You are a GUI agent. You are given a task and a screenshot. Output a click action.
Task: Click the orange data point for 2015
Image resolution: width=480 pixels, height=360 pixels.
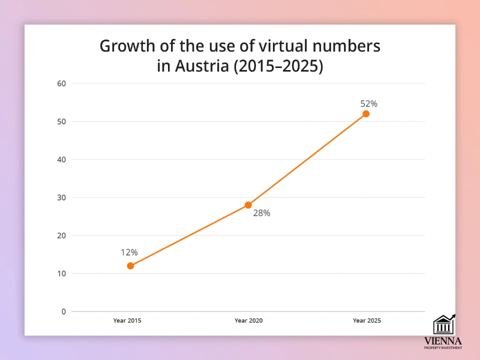click(x=130, y=265)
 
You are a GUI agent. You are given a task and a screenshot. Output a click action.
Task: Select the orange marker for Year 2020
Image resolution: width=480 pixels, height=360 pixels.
click(x=248, y=205)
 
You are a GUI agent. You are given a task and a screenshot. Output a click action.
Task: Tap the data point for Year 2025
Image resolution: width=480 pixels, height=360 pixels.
click(x=366, y=114)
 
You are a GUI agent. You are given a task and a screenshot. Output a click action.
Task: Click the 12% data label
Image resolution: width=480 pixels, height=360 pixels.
click(x=129, y=252)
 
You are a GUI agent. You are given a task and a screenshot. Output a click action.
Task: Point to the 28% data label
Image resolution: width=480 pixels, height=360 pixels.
click(x=261, y=213)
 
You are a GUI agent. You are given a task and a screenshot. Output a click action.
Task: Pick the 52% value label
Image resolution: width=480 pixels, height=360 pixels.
click(x=368, y=104)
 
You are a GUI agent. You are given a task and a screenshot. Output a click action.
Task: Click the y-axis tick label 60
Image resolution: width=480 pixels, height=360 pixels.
click(x=61, y=83)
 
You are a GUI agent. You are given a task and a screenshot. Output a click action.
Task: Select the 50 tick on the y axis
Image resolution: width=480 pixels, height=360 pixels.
click(x=61, y=121)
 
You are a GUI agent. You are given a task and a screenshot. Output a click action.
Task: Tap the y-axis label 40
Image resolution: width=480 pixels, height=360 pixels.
click(x=61, y=159)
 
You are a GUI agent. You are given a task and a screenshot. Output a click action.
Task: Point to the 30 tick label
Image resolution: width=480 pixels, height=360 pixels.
click(x=61, y=197)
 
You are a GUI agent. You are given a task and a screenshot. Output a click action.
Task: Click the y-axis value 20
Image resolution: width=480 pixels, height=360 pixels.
click(x=61, y=235)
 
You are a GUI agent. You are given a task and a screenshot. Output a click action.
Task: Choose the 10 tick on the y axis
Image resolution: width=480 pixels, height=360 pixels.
click(x=61, y=273)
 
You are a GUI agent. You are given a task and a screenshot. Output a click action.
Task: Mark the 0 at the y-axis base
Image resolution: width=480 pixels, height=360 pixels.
click(x=63, y=311)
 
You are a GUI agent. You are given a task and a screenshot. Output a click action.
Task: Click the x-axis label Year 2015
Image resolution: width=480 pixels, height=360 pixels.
click(x=127, y=320)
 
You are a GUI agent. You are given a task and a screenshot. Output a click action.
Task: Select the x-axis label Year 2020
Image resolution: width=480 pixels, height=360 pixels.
click(x=248, y=320)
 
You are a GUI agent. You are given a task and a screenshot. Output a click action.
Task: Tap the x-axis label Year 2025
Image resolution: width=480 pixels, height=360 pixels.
click(x=366, y=320)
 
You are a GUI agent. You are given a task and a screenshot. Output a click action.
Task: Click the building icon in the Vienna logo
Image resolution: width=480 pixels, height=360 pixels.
click(x=442, y=325)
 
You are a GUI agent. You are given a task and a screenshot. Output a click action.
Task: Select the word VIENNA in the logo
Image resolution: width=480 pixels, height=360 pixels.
click(x=442, y=341)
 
